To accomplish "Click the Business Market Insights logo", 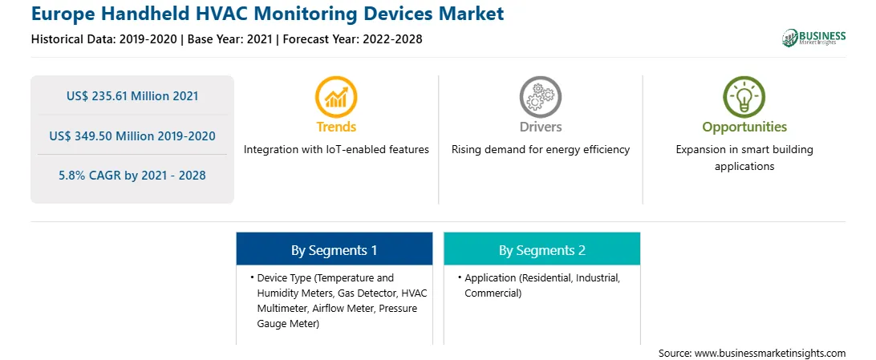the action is pos(813,38).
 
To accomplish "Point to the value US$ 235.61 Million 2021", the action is pos(132,96).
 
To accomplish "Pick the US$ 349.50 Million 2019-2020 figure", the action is pos(132,136).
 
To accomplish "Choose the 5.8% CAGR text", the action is pos(132,176).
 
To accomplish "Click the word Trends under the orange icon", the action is pos(336,127).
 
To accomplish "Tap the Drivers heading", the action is pos(540,127).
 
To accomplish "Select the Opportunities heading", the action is pos(744,127).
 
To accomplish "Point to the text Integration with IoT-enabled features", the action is pos(336,150).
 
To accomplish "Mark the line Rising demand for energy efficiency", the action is pos(540,150).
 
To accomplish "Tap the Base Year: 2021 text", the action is pos(230,39).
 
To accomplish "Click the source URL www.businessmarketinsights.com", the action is pos(771,354).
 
